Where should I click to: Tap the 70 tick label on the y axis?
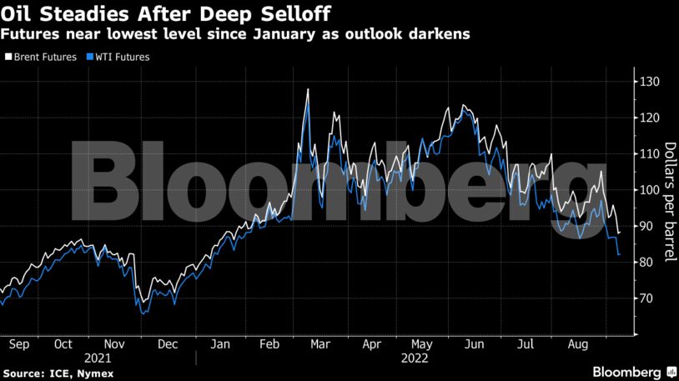point(647,298)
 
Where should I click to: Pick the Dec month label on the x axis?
point(167,343)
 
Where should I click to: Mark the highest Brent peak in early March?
point(309,88)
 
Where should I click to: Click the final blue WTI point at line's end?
point(619,255)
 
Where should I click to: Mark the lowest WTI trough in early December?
point(143,314)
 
